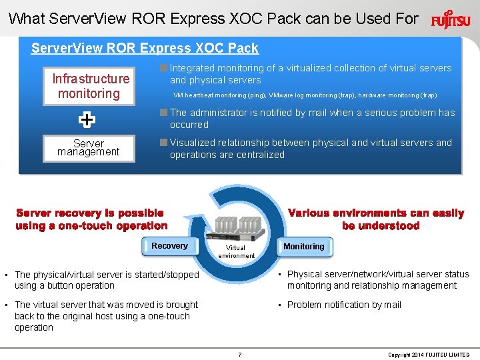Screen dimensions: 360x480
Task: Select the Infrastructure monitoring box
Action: pos(89,87)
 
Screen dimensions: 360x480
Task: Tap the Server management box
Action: pos(89,148)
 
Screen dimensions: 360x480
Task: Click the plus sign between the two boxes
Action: pos(87,120)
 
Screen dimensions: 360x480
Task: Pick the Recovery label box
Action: pos(169,246)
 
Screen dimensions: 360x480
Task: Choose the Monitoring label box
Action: pos(303,247)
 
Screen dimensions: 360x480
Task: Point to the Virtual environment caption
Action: pos(236,251)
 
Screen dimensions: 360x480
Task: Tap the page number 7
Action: pos(240,354)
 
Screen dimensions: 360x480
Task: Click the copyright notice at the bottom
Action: pos(429,355)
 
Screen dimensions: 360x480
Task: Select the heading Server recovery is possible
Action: pos(91,219)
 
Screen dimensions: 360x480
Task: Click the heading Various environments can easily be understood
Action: pos(376,219)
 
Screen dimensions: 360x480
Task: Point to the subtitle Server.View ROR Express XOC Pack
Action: pos(145,48)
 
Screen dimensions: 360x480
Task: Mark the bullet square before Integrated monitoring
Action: pos(163,67)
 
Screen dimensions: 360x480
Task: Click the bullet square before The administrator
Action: pos(163,112)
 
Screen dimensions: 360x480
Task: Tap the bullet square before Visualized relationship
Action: pos(163,142)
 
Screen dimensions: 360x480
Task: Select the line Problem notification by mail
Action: pos(344,305)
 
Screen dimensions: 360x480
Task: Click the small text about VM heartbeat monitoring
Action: pos(305,95)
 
